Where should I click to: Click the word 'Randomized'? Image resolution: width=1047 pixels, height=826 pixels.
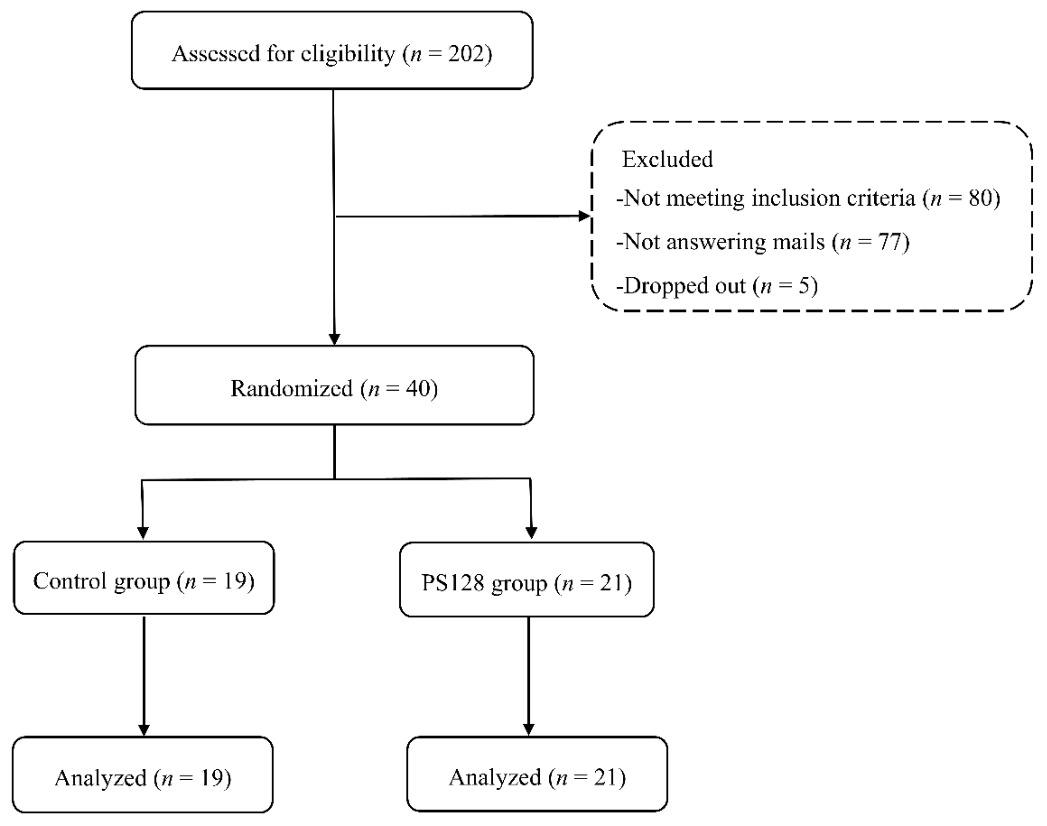(292, 388)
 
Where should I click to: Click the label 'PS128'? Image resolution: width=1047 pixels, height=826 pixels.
(453, 583)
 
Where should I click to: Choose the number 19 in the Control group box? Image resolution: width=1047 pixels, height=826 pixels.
(235, 581)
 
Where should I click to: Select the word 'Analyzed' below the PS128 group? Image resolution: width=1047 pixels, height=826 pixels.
(495, 778)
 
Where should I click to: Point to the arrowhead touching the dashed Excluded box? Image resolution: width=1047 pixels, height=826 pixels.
(585, 216)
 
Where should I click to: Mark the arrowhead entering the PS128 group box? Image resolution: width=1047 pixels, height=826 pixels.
(531, 532)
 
